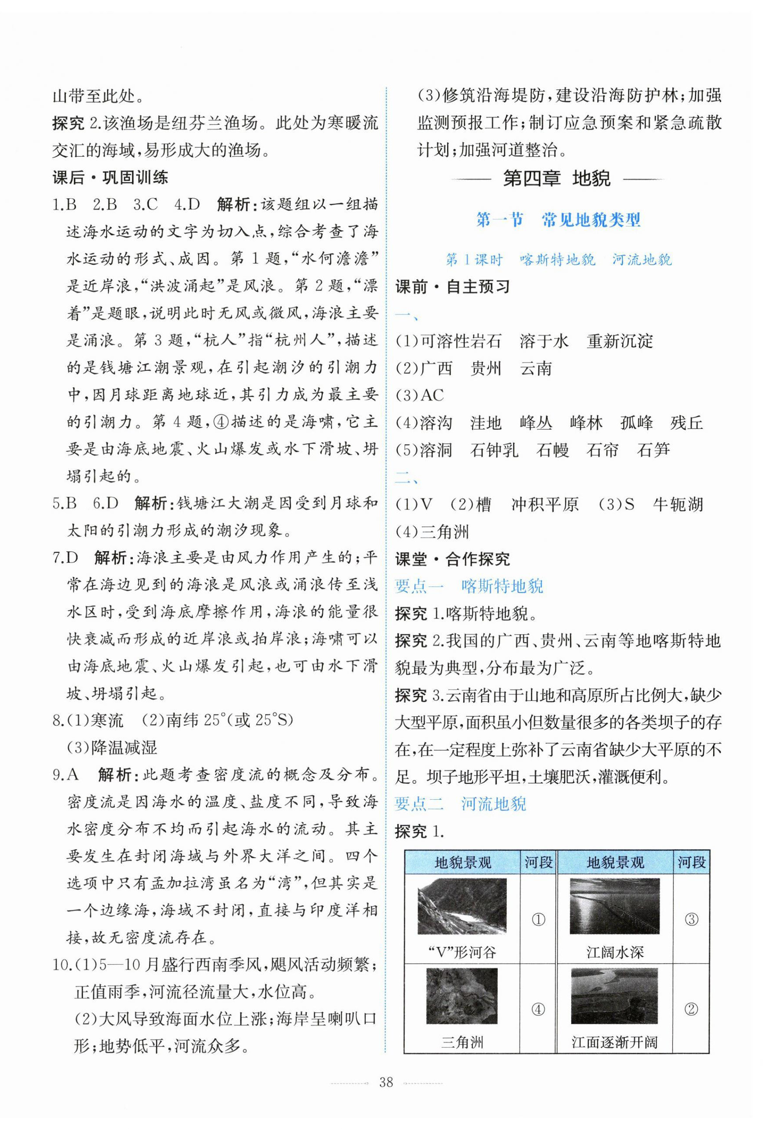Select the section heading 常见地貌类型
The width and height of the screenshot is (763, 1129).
tap(591, 220)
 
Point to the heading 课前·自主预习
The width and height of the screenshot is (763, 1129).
tap(452, 287)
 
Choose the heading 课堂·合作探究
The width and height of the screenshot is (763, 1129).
tap(452, 559)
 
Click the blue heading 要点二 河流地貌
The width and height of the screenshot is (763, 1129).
tap(460, 804)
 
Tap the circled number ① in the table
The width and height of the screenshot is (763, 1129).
tap(538, 919)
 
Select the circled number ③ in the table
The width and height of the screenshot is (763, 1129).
tap(691, 919)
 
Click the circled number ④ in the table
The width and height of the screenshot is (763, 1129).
tap(538, 1009)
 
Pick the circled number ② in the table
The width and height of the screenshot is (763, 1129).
tap(691, 1009)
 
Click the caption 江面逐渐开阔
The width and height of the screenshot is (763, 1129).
tap(615, 1042)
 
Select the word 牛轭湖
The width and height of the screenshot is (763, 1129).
tap(678, 505)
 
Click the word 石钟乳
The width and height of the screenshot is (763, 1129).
tap(494, 450)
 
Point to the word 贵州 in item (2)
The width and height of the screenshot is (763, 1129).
tap(486, 368)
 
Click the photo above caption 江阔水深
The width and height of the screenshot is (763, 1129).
tap(615, 907)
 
